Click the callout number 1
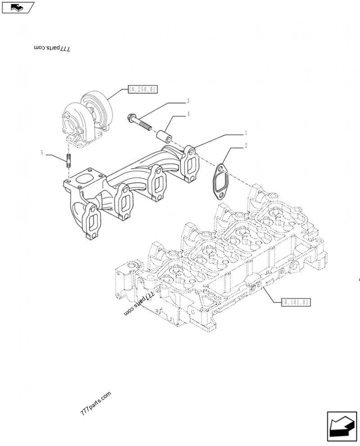pos(245,133)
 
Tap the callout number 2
pos(245,146)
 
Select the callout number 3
pos(188,101)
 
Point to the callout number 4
pos(188,114)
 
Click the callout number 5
pos(42,153)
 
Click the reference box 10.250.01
pos(142,90)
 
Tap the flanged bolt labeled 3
pos(140,122)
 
